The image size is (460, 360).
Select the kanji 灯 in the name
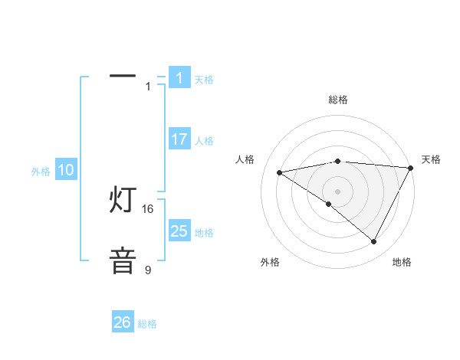coord(123,200)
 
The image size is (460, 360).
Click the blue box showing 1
coord(179,77)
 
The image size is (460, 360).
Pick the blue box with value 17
coord(179,139)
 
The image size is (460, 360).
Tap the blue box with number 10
coord(66,170)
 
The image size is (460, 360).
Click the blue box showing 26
coord(123,322)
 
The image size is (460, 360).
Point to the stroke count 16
coord(148,208)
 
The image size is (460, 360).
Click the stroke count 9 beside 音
coord(148,270)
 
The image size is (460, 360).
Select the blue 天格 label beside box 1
coord(204,80)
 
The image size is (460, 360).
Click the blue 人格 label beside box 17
coord(204,141)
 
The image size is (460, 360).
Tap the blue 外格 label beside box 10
coord(41,172)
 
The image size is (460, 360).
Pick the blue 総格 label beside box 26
coord(147,324)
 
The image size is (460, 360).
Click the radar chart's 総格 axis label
coord(338,100)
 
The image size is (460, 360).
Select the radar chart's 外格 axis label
coord(270,262)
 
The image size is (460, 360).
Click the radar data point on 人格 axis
coord(280,172)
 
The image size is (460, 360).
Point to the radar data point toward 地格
coord(373,242)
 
